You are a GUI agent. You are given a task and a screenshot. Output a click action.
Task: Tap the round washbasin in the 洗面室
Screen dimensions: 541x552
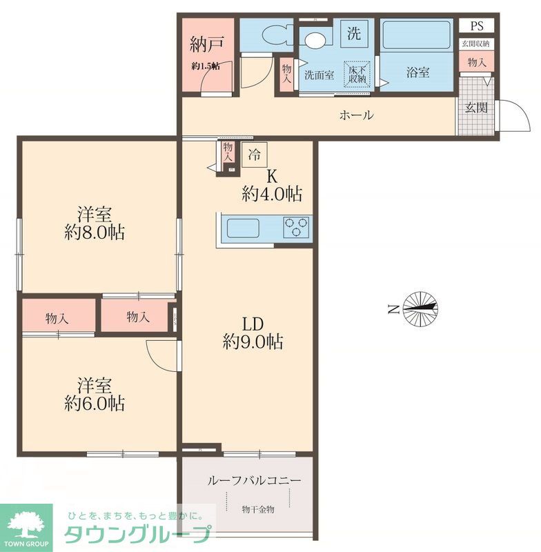pos(316,39)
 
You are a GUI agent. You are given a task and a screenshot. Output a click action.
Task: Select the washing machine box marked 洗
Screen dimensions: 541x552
pos(354,33)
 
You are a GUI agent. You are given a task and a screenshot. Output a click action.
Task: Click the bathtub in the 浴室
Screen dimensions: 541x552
pos(416,35)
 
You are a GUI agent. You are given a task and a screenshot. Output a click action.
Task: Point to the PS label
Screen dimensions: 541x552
pos(477,26)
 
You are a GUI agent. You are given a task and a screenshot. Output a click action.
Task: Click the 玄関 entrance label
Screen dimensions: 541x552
pos(476,108)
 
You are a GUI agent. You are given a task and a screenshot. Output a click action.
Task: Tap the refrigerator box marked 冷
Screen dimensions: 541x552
pos(254,155)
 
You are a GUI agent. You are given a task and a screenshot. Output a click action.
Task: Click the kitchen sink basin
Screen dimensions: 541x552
pos(243,228)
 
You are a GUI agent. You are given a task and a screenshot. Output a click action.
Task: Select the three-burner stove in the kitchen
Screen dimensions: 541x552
pos(296,227)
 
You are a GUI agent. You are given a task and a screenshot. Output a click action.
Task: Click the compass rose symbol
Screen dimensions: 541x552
pos(420,308)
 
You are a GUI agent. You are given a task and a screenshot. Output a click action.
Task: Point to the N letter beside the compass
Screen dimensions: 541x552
pos(393,309)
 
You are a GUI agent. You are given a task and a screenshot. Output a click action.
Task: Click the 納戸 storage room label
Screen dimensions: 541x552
pos(206,44)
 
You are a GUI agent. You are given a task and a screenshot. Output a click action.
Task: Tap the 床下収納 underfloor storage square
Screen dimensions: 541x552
pos(357,74)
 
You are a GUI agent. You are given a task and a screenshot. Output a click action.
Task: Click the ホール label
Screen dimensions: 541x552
pos(356,115)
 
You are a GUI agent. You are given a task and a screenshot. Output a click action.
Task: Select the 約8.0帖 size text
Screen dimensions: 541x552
pos(95,233)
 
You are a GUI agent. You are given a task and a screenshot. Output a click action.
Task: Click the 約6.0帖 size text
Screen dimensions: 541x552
pos(95,404)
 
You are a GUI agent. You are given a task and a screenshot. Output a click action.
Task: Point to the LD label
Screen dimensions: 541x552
pos(253,324)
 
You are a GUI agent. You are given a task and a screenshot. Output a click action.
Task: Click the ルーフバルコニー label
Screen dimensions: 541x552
pos(254,480)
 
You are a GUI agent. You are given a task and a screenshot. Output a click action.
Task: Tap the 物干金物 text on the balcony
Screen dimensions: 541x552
pos(258,509)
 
